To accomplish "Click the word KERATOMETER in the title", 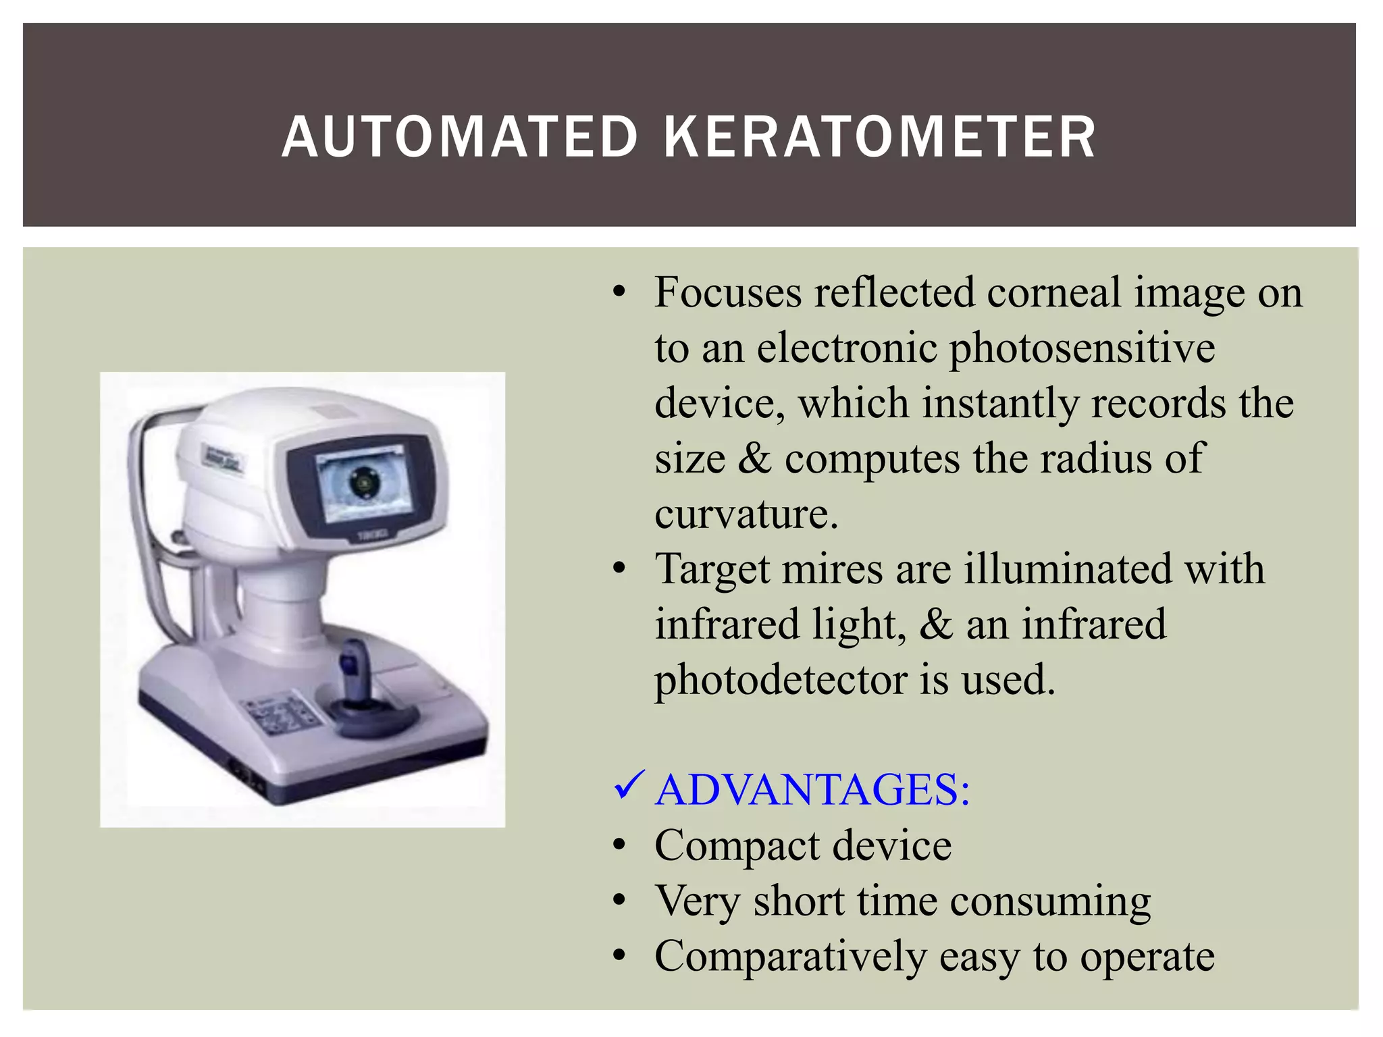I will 879,137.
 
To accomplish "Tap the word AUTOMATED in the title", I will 460,137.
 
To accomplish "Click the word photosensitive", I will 1082,349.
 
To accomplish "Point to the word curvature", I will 746,514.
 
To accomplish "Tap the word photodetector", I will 781,680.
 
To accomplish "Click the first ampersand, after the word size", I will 754,458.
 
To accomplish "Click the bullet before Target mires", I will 620,569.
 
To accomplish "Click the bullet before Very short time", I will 620,901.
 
